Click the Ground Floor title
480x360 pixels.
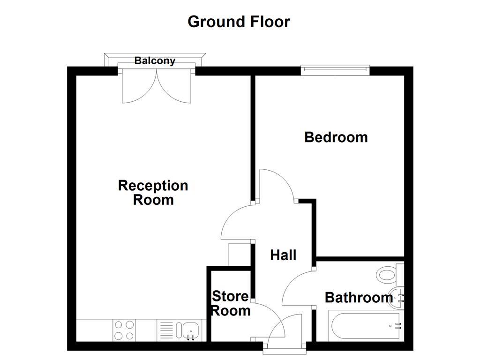pyautogui.click(x=239, y=22)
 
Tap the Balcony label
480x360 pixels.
pyautogui.click(x=155, y=60)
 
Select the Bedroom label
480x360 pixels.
pyautogui.click(x=336, y=137)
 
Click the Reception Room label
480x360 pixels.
pyautogui.click(x=153, y=193)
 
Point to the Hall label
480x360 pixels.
pyautogui.click(x=283, y=255)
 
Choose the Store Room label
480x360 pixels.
pyautogui.click(x=230, y=303)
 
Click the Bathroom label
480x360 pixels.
pyautogui.click(x=359, y=297)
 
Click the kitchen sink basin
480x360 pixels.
pyautogui.click(x=191, y=329)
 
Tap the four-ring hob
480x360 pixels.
pyautogui.click(x=124, y=330)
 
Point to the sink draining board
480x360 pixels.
pyautogui.click(x=166, y=330)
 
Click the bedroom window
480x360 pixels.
pyautogui.click(x=335, y=70)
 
